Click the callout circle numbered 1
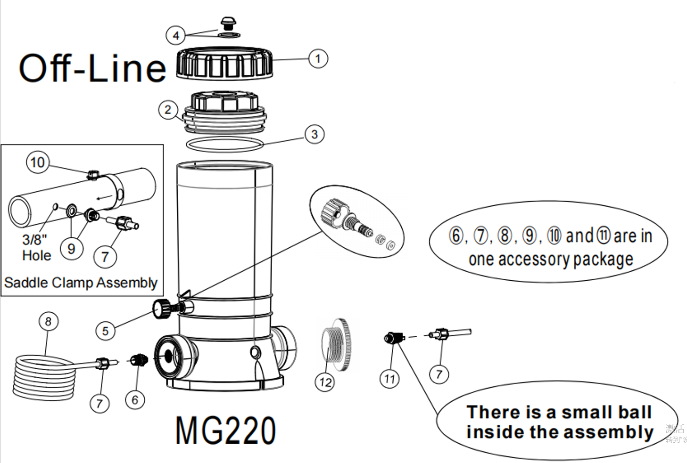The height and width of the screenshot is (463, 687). (318, 58)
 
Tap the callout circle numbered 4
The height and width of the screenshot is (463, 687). (175, 35)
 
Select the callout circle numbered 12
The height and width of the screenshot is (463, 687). (325, 382)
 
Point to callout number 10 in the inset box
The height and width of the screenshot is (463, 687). (38, 162)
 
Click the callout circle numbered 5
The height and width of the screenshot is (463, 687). (105, 331)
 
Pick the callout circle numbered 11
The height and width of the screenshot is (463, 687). (389, 378)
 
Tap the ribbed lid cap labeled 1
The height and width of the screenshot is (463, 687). (224, 64)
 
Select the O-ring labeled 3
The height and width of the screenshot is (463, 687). (224, 145)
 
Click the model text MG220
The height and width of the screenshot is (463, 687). (225, 430)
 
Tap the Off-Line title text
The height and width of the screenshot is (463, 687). (92, 68)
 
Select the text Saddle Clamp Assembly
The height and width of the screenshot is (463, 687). (81, 283)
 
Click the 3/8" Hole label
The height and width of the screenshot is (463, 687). (36, 247)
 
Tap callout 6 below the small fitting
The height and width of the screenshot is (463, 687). (135, 400)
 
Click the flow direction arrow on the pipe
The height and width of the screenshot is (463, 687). (104, 196)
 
